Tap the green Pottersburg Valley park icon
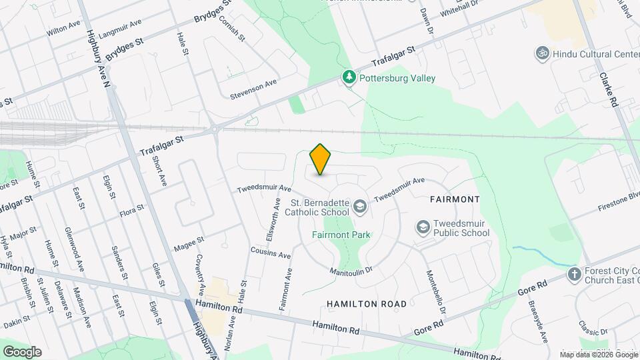pyautogui.click(x=349, y=78)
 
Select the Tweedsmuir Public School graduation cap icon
pyautogui.click(x=423, y=227)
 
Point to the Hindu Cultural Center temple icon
pyautogui.click(x=543, y=53)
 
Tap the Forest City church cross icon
pyautogui.click(x=574, y=274)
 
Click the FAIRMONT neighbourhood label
pyautogui.click(x=455, y=199)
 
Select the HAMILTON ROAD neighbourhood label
pyautogui.click(x=367, y=304)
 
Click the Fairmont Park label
pyautogui.click(x=341, y=235)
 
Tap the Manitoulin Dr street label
pyautogui.click(x=351, y=271)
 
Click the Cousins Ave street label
pyautogui.click(x=271, y=254)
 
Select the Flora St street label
pyautogui.click(x=131, y=213)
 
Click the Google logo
pyautogui.click(x=22, y=351)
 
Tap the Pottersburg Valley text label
pyautogui.click(x=397, y=78)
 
